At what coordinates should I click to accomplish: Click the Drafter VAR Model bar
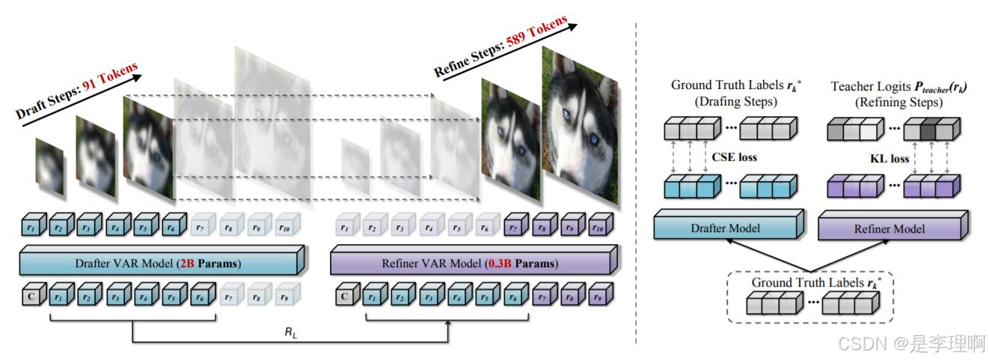(160, 263)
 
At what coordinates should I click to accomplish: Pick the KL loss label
(889, 158)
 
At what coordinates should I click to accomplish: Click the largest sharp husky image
(581, 120)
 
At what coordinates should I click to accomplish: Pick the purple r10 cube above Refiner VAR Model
(599, 224)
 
